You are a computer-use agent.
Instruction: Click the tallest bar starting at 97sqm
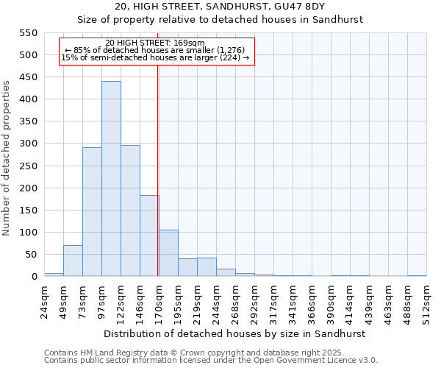[x=111, y=179]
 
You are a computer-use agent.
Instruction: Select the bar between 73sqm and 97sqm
[x=92, y=212]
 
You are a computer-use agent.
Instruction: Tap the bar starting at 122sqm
[x=130, y=210]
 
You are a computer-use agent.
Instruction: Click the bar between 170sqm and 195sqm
[x=168, y=253]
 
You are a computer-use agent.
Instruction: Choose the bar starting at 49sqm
[x=73, y=261]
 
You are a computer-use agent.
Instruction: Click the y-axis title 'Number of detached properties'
[x=7, y=158]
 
